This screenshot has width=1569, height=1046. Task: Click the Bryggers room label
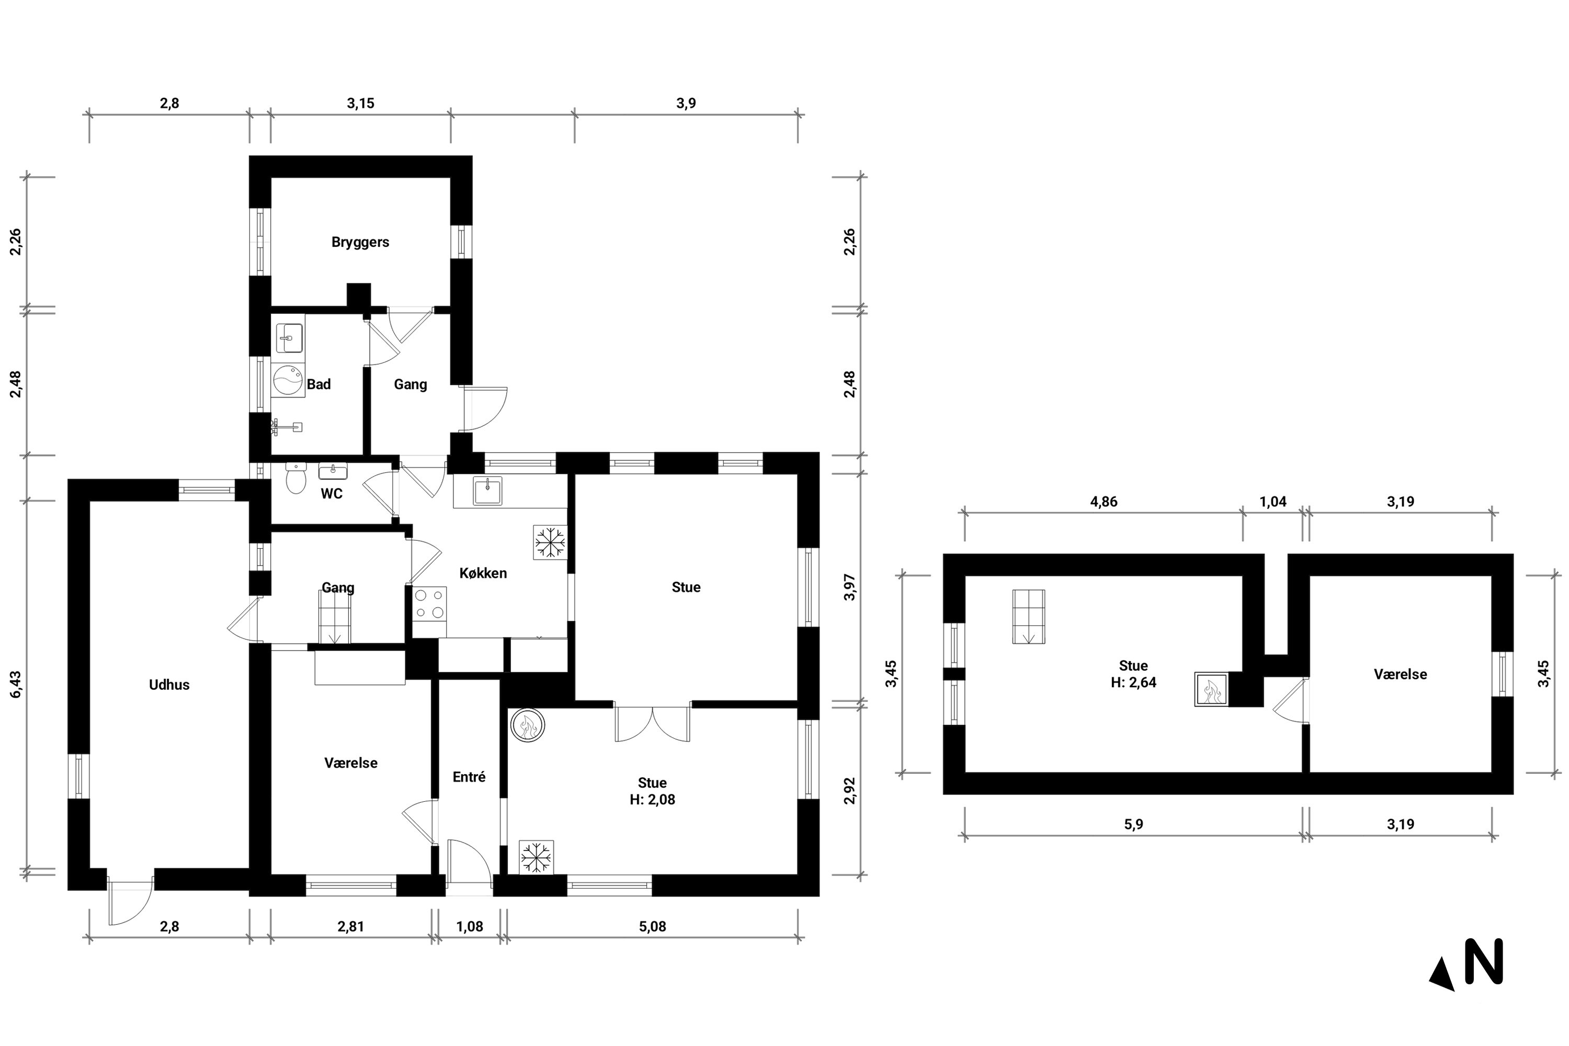pyautogui.click(x=360, y=242)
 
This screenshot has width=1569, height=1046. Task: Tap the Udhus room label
pyautogui.click(x=169, y=685)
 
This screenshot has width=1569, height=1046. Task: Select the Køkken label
pyautogui.click(x=483, y=573)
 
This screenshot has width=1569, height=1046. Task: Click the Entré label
pyautogui.click(x=469, y=777)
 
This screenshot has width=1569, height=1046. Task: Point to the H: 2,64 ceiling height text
pyautogui.click(x=1133, y=683)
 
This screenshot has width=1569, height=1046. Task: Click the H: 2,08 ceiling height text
pyautogui.click(x=652, y=800)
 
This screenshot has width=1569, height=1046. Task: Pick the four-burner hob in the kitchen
pyautogui.click(x=429, y=603)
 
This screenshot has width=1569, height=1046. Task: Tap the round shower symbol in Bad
pyautogui.click(x=288, y=380)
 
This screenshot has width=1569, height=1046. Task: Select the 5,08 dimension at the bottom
pyautogui.click(x=652, y=927)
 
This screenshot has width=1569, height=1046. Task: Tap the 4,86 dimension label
pyautogui.click(x=1104, y=502)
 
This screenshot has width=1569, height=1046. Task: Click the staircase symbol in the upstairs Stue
pyautogui.click(x=1029, y=617)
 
